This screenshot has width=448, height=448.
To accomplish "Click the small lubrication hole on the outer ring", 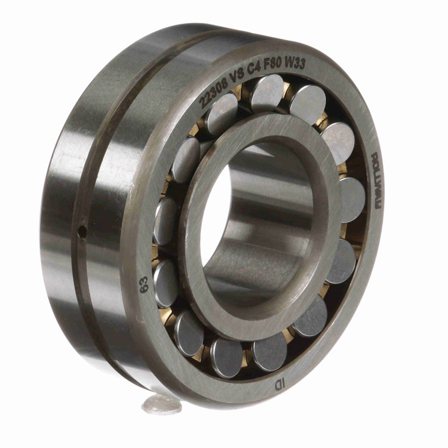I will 84,229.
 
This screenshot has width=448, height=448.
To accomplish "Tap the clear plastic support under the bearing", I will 162,405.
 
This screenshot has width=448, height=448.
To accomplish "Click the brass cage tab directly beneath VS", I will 238,91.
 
